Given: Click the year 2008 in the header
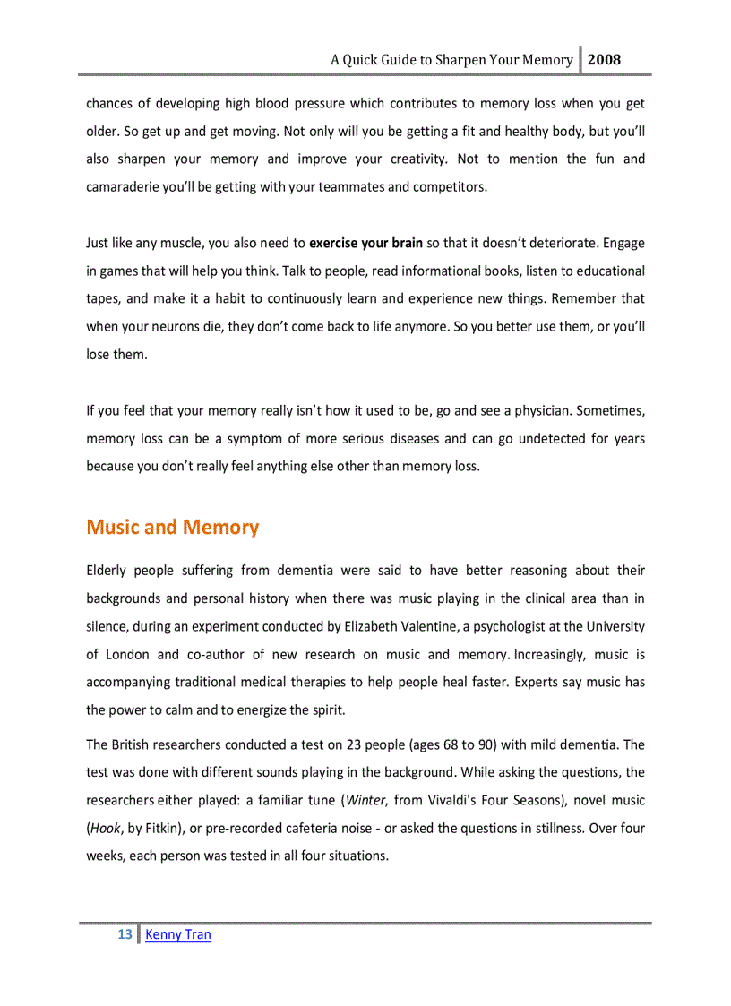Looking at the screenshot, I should click(x=605, y=60).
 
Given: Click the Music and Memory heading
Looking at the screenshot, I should click(x=172, y=527).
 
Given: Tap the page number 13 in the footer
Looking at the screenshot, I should click(x=125, y=934).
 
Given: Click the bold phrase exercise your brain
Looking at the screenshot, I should click(x=365, y=243).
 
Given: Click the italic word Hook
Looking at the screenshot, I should click(x=106, y=827).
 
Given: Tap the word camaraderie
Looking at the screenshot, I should click(x=126, y=187).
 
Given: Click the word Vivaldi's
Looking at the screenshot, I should click(x=459, y=799).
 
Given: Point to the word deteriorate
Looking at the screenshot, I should click(x=562, y=243).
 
